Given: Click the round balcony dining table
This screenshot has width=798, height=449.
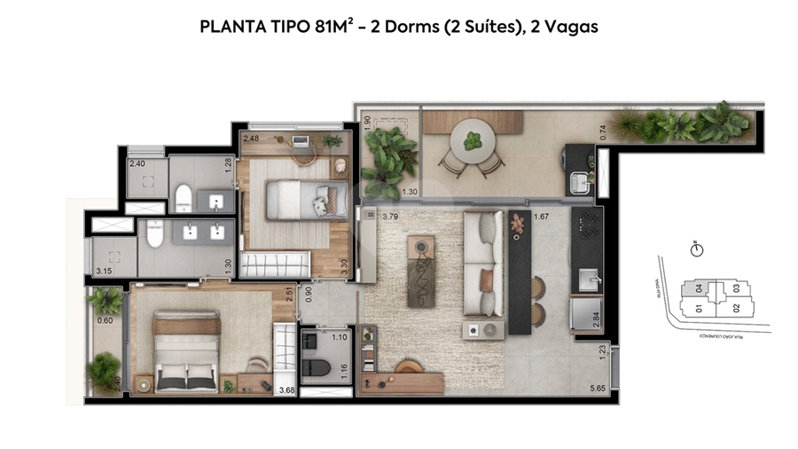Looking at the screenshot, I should tap(471, 140).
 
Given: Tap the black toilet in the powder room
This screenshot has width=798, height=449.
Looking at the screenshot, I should tap(317, 366).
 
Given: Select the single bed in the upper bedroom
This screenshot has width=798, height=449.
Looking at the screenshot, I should tap(297, 197).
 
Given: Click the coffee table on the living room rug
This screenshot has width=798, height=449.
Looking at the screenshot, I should tap(420, 271).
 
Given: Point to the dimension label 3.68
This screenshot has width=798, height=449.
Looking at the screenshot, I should tap(286, 390).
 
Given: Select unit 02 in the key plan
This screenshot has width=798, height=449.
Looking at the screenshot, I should tap(735, 308).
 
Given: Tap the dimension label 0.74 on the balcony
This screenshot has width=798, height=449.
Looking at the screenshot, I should tap(604, 131).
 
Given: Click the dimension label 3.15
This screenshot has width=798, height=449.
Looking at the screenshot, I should tap(103, 271).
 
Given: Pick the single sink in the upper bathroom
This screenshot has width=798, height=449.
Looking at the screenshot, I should tap(216, 202).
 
